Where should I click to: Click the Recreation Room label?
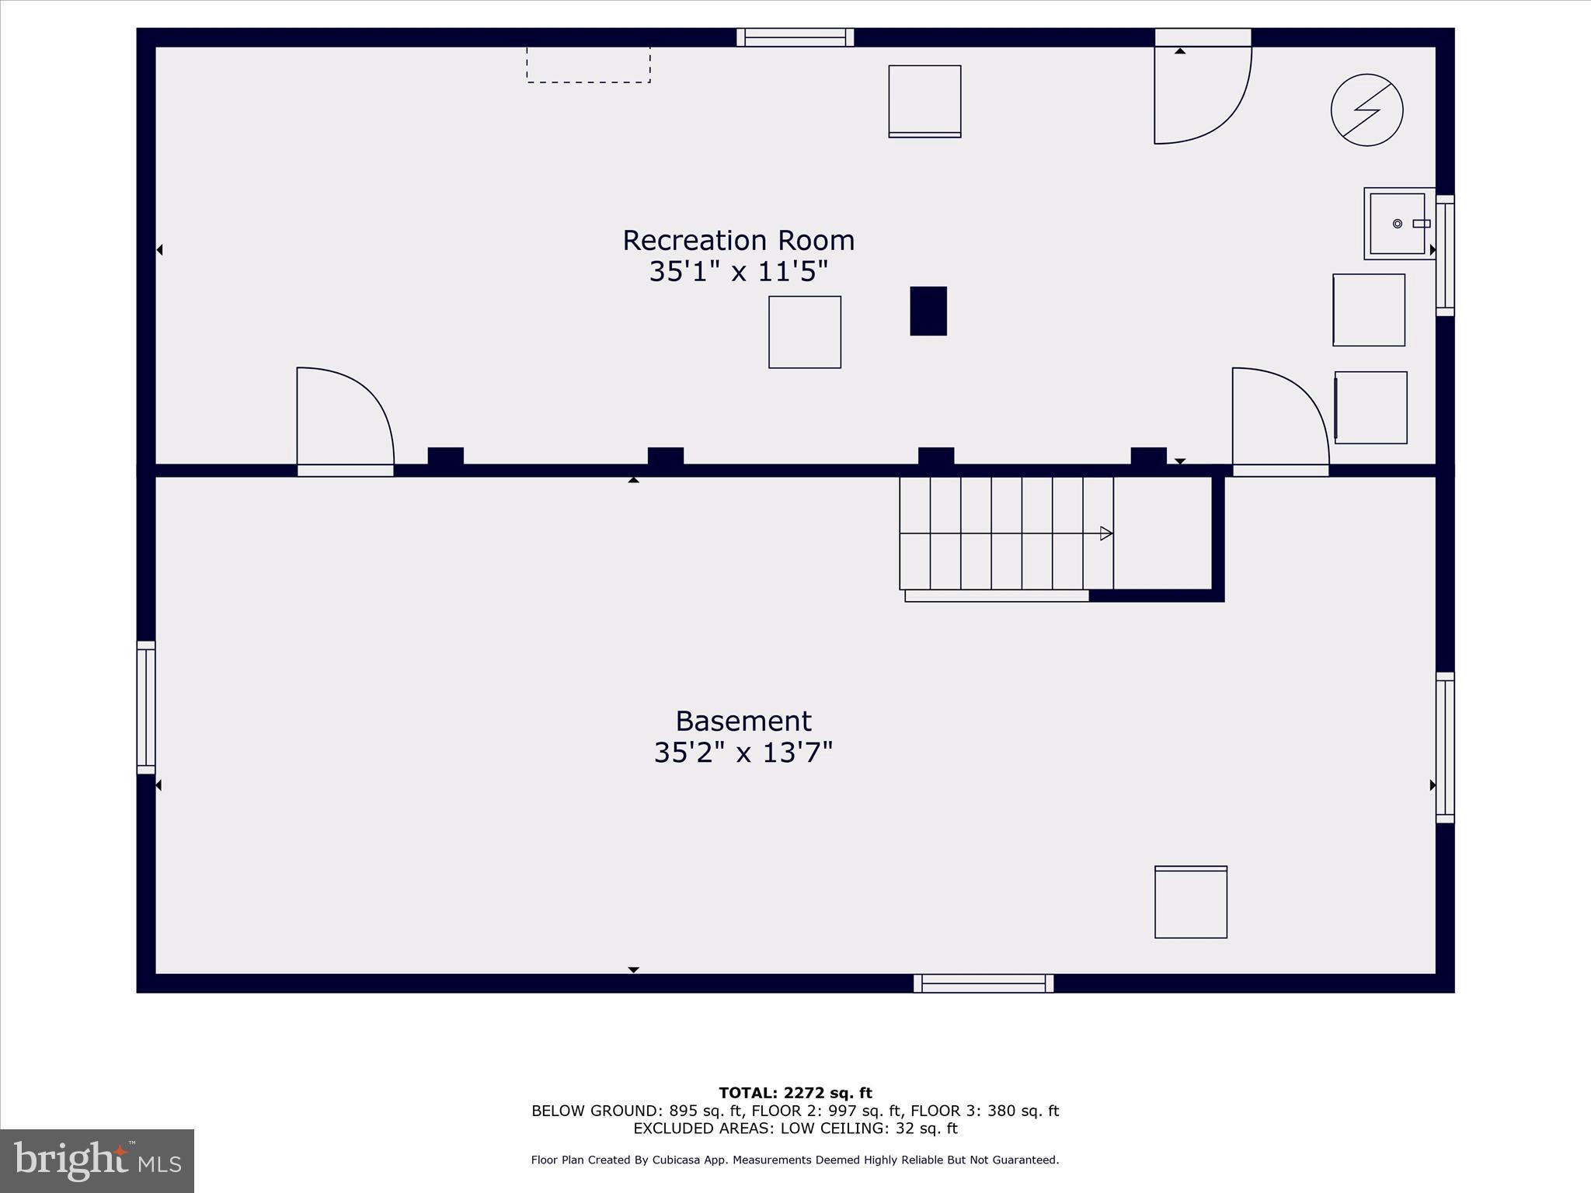(738, 240)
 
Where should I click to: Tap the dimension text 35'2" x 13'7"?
(743, 753)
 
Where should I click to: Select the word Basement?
(743, 721)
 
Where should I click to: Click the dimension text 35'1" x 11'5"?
(738, 272)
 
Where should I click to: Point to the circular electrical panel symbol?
(1366, 110)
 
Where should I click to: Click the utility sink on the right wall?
(1398, 224)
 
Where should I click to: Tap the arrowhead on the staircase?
(1106, 534)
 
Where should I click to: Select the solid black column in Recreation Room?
(928, 311)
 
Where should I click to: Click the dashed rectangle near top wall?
(588, 64)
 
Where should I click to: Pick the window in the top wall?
(795, 37)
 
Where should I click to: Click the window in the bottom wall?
(983, 983)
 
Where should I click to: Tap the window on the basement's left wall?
(146, 707)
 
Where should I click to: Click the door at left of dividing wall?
(345, 419)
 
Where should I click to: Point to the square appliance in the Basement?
(1190, 902)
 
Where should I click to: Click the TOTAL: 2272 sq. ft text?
(795, 1093)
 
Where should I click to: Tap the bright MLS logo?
(97, 1160)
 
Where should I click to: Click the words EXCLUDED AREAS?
(705, 1129)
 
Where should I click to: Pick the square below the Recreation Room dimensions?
(804, 332)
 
